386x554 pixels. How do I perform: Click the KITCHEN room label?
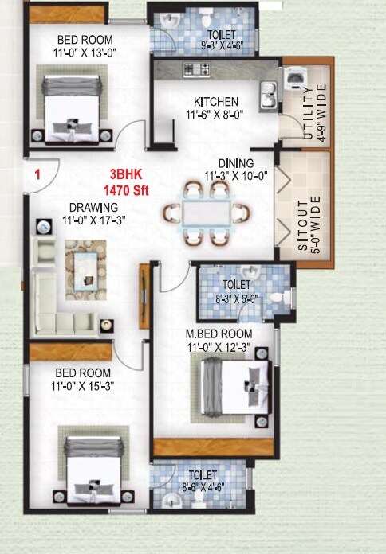coord(216,102)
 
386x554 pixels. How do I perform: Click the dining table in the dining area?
coord(205,213)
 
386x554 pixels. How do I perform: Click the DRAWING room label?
coord(93,208)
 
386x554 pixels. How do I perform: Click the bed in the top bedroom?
coord(73,104)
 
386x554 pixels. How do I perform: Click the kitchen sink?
coord(268,95)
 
